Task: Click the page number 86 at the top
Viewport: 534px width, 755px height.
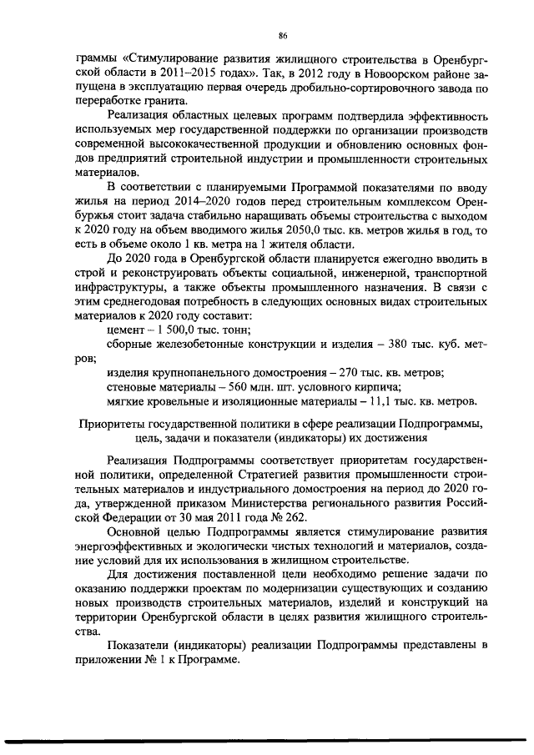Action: point(283,35)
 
